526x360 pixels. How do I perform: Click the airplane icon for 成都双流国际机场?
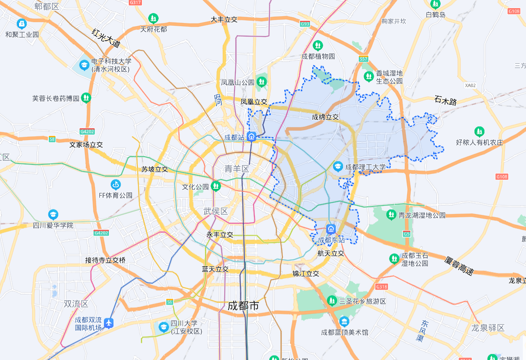point(108,323)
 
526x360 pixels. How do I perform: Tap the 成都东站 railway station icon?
point(331,229)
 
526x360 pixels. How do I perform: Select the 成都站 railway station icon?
point(252,137)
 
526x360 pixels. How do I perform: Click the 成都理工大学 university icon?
point(338,167)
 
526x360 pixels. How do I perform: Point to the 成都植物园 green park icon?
point(318,45)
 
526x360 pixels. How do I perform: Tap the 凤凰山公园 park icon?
point(261,82)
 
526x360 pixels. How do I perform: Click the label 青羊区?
point(237,169)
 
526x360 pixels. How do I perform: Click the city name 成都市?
point(243,306)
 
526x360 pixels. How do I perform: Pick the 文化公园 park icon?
point(216,186)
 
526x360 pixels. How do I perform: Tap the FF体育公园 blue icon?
point(116,184)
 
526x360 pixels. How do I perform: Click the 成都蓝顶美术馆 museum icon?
point(344,322)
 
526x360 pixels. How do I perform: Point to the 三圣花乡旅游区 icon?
point(332,300)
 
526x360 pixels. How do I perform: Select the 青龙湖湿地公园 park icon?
point(391,215)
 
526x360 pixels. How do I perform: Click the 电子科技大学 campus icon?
point(85,65)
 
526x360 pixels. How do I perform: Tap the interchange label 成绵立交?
point(325,117)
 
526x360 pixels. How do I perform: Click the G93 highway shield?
point(305,23)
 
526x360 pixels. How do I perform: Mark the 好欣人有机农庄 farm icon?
point(479,131)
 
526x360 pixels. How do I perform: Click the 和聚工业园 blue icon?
point(22,23)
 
